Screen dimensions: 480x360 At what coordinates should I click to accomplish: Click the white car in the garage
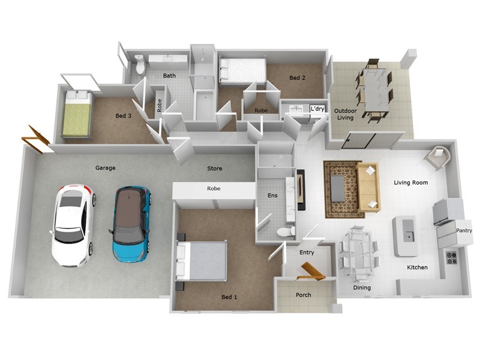pyautogui.click(x=73, y=225)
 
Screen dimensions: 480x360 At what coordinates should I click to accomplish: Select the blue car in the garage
pyautogui.click(x=131, y=224)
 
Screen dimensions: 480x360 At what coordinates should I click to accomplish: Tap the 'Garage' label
pyautogui.click(x=106, y=168)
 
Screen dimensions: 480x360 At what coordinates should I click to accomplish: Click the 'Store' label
pyautogui.click(x=215, y=169)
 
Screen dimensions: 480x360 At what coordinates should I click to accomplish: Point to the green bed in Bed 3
pyautogui.click(x=77, y=113)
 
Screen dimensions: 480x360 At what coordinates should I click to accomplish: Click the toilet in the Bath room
pyautogui.click(x=140, y=64)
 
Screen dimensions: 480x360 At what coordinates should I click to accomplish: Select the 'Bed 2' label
pyautogui.click(x=297, y=78)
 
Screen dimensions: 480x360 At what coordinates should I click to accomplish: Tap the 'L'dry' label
pyautogui.click(x=317, y=109)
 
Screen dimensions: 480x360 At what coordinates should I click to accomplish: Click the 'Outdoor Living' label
pyautogui.click(x=346, y=114)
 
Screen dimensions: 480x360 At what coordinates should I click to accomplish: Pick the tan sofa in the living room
pyautogui.click(x=368, y=187)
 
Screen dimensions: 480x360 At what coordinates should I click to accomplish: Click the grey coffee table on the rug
pyautogui.click(x=338, y=188)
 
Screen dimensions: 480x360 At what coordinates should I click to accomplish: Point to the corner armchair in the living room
pyautogui.click(x=438, y=157)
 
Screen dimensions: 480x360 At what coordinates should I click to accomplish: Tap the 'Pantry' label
pyautogui.click(x=464, y=230)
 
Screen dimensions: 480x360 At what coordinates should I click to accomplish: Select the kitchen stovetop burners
pyautogui.click(x=451, y=257)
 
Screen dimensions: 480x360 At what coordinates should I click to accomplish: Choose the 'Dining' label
pyautogui.click(x=362, y=287)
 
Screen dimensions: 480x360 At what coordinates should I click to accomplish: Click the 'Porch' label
pyautogui.click(x=304, y=295)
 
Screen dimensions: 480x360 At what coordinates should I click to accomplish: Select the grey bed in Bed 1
pyautogui.click(x=202, y=260)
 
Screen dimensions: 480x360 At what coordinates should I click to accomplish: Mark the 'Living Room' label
pyautogui.click(x=411, y=182)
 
